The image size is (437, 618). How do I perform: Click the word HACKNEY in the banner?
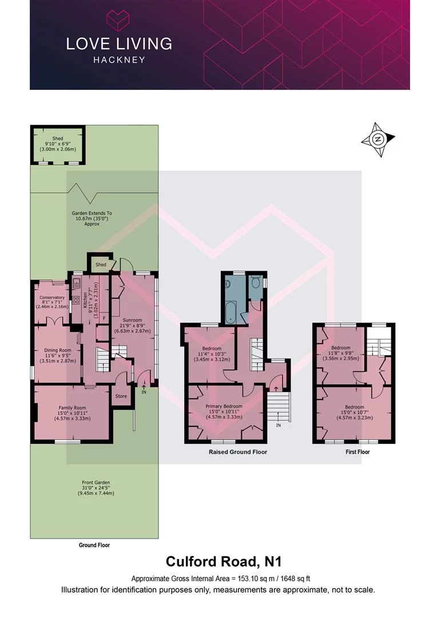click(x=119, y=60)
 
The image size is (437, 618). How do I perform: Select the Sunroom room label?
click(x=132, y=320)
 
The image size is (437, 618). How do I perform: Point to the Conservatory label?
click(x=52, y=298)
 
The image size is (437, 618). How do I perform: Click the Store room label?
click(x=121, y=396)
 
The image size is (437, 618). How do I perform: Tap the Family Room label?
click(x=73, y=408)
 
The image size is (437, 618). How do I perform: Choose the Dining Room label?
click(x=58, y=350)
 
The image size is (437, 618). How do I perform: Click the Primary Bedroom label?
click(x=224, y=406)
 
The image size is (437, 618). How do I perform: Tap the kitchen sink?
click(x=76, y=282)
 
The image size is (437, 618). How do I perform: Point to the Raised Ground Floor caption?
click(x=238, y=452)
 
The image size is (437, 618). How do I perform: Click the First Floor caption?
click(x=357, y=452)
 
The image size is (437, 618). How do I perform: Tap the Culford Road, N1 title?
click(x=224, y=561)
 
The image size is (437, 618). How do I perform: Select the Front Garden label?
click(x=96, y=482)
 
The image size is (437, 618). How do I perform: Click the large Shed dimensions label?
click(x=58, y=144)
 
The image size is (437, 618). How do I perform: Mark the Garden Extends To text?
click(x=92, y=213)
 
